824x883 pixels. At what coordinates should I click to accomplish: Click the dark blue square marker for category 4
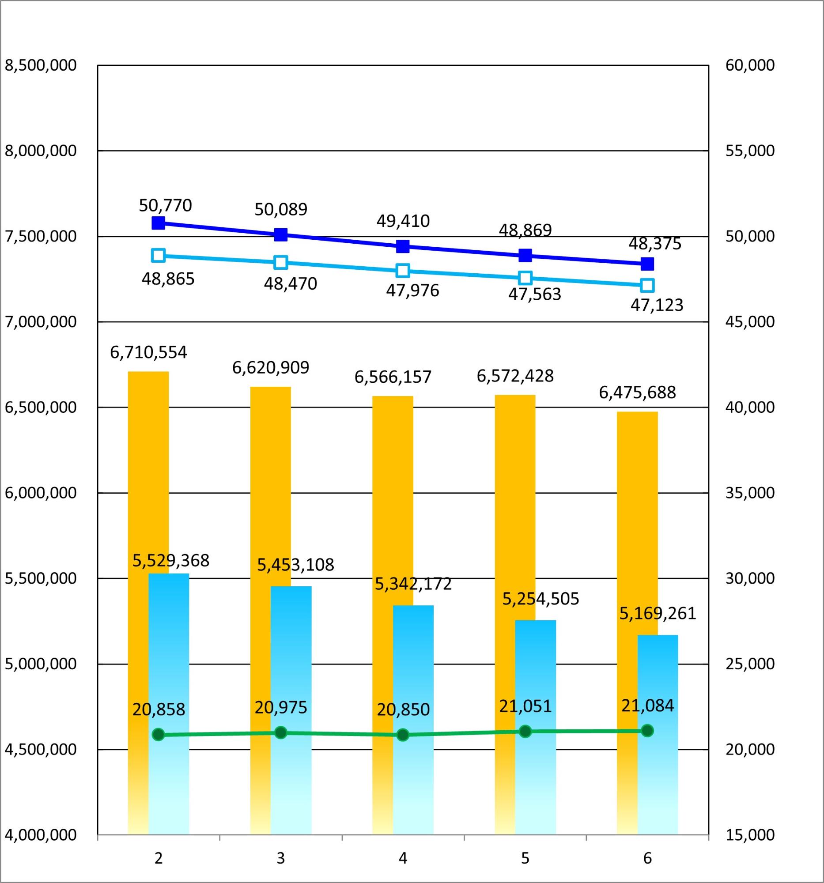click(x=402, y=246)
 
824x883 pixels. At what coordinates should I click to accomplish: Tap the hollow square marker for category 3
click(x=281, y=262)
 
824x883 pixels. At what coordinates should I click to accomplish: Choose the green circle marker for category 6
click(x=647, y=730)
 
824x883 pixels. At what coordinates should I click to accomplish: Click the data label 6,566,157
click(x=393, y=377)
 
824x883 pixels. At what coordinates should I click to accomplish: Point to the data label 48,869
click(x=525, y=230)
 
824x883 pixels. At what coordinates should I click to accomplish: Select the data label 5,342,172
click(x=413, y=584)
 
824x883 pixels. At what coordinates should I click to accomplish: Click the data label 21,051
click(x=525, y=706)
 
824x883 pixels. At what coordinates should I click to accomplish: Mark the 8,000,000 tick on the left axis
click(x=41, y=151)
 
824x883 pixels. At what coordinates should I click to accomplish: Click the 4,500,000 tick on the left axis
click(x=41, y=749)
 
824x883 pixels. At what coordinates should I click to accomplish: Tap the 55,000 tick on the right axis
click(x=750, y=151)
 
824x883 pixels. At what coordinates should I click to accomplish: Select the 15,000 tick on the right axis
click(x=750, y=835)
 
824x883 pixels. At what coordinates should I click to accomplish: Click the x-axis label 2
click(x=159, y=859)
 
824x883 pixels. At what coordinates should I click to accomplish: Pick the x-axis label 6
click(x=647, y=859)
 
